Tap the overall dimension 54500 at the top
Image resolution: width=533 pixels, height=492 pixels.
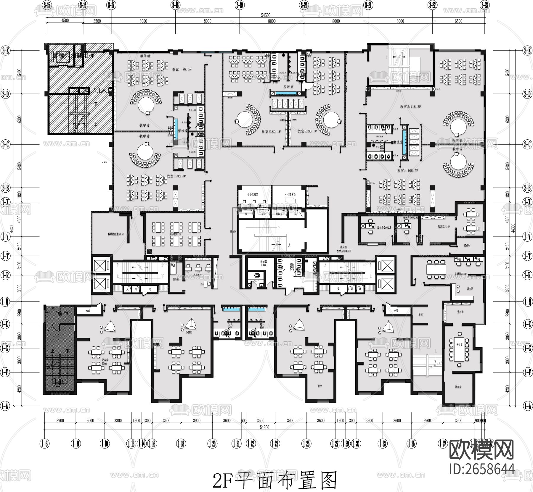tap(266, 15)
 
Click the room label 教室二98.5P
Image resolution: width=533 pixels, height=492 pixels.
tap(176, 176)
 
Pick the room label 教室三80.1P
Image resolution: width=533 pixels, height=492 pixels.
tap(271, 131)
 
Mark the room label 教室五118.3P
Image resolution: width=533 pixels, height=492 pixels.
tap(410, 107)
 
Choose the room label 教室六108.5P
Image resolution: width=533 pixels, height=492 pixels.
tap(408, 171)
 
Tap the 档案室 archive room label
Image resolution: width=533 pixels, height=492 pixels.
tap(458, 387)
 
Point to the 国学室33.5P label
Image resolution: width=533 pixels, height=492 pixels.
tap(175, 234)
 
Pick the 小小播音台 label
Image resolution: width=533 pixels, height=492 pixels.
tap(290, 194)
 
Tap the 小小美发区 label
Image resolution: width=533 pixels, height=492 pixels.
tap(253, 194)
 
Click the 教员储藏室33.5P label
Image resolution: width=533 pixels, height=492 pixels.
tap(115, 234)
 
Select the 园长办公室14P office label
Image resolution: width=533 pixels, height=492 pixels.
tap(384, 228)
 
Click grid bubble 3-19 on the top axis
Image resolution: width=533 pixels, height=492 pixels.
tap(240, 5)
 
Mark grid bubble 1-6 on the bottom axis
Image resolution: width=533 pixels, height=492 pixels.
tap(45, 443)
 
